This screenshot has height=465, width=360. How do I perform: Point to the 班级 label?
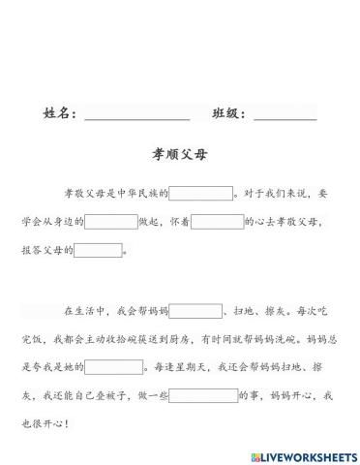click(x=227, y=114)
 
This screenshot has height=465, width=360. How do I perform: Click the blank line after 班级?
click(x=285, y=115)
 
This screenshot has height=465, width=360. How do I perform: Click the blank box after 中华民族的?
click(x=201, y=193)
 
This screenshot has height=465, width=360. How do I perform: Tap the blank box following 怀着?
click(x=217, y=222)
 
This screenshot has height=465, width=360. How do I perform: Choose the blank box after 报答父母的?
click(x=99, y=251)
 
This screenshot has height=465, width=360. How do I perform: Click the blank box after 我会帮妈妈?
click(x=195, y=312)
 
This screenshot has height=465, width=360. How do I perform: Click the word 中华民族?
click(x=141, y=194)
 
